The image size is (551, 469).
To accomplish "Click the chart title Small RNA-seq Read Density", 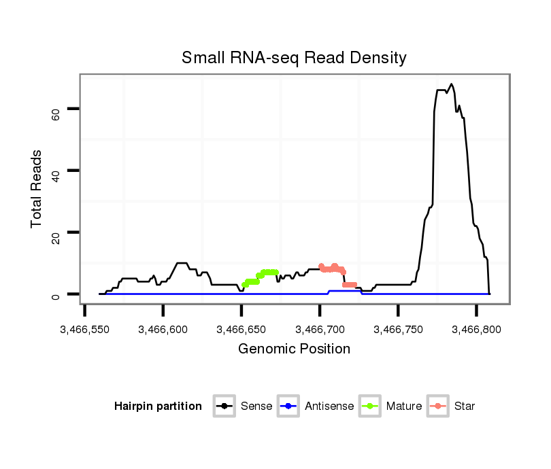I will pos(294,58).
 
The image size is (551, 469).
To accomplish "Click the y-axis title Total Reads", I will pos(37,189).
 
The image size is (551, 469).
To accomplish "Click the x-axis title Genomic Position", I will pos(294,349).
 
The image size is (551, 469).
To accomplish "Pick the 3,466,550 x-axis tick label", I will pos(84,330).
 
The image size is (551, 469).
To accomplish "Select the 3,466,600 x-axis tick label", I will pos(163,330).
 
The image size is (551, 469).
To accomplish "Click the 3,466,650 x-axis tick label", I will pos(241,330).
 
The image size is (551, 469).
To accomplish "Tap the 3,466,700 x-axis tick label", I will pos(320,330).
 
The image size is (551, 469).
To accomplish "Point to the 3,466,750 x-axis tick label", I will pos(399,330).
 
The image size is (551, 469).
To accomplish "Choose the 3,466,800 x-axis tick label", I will pos(477,330).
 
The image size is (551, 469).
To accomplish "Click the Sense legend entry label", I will pos(256,406).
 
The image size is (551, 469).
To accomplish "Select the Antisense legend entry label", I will pos(329,406).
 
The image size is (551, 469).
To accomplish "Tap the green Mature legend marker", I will pos(370,406).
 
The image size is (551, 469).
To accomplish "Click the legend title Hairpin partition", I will pos(158,406).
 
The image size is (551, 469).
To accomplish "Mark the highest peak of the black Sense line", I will pos(452,84).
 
